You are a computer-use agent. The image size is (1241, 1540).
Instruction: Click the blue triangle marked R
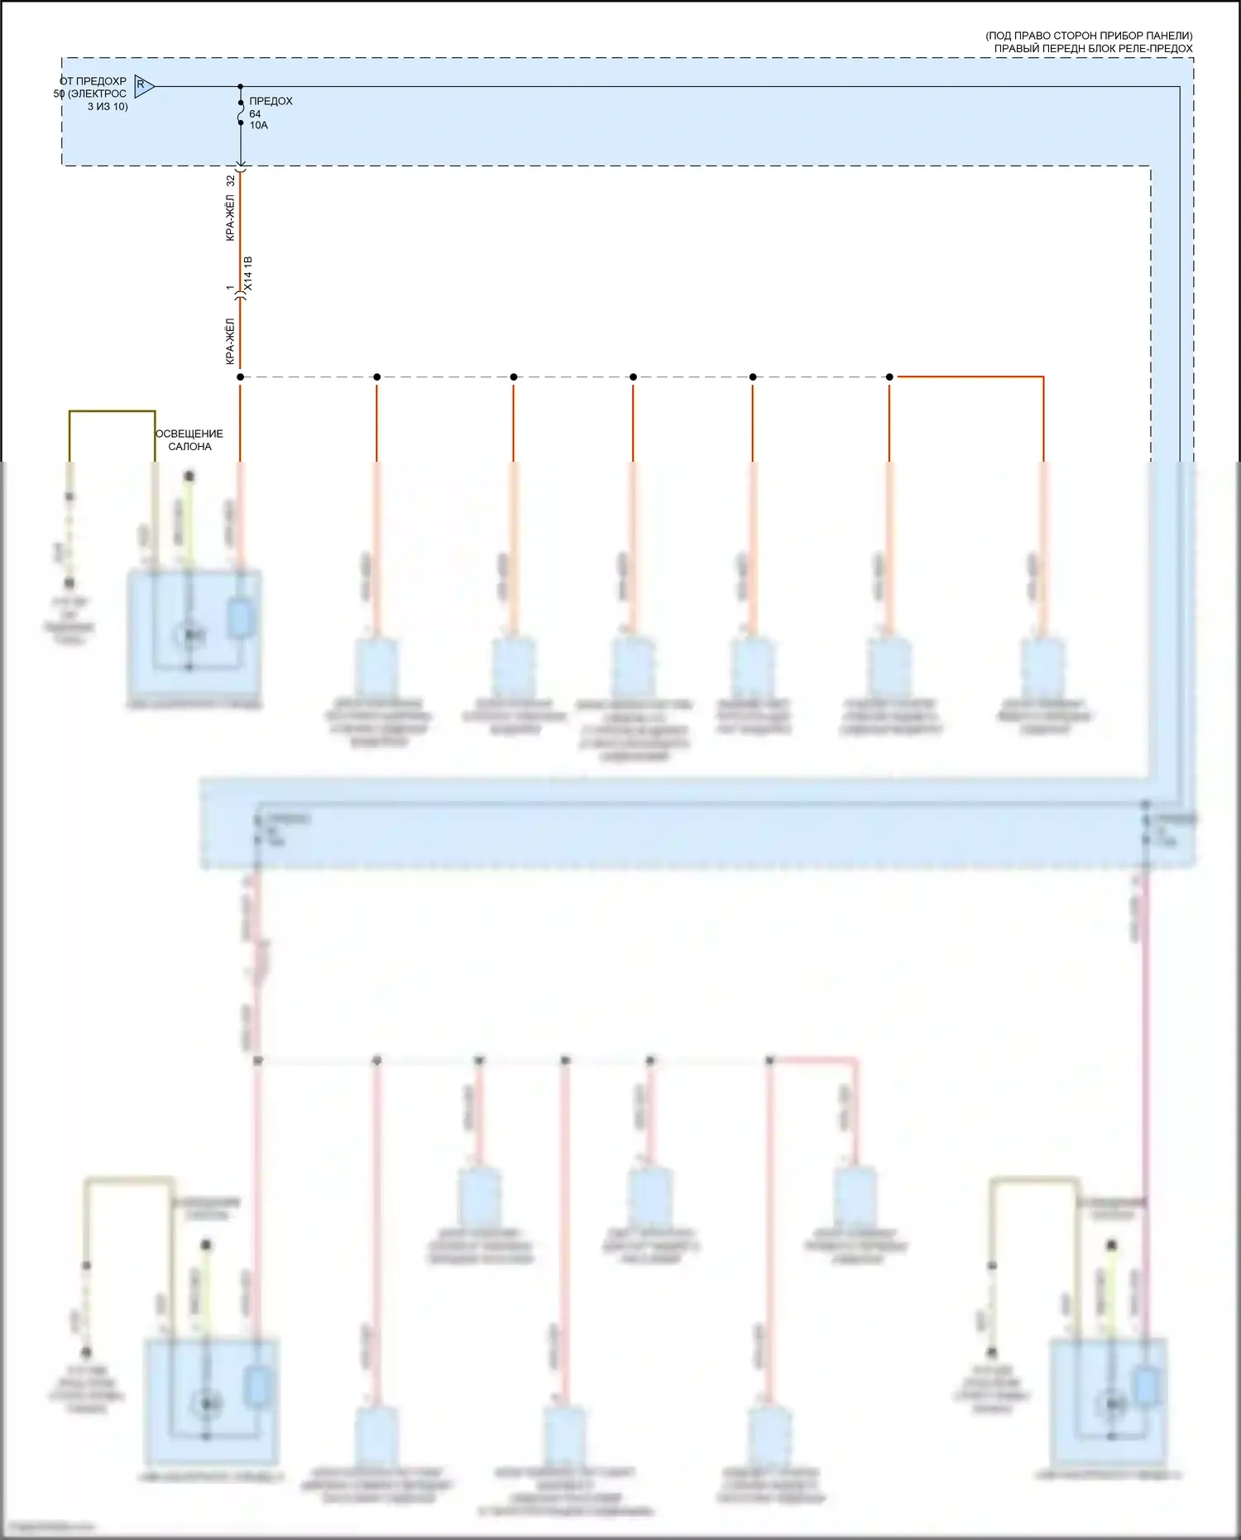[143, 85]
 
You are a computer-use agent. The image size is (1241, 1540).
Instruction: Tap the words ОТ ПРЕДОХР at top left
[93, 81]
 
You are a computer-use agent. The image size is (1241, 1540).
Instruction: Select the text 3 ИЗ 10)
[108, 107]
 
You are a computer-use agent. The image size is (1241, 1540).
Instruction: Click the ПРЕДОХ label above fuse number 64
[271, 101]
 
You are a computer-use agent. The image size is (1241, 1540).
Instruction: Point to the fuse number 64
[255, 114]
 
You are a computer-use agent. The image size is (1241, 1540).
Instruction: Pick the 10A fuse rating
[259, 126]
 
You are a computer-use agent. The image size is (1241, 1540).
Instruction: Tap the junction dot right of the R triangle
[241, 86]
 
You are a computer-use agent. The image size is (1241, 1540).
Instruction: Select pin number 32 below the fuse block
[231, 180]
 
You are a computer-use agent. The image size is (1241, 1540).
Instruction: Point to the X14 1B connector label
[248, 274]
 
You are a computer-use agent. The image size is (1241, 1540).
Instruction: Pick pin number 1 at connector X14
[230, 288]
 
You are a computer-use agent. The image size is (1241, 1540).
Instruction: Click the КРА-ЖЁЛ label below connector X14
[231, 341]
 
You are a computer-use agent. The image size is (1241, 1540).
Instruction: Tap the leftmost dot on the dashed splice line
[241, 377]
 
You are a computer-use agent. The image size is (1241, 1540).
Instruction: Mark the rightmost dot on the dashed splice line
[889, 377]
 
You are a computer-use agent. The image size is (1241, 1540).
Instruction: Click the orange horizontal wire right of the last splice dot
[968, 377]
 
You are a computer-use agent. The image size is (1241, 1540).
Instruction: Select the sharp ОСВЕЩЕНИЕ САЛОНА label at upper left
[189, 439]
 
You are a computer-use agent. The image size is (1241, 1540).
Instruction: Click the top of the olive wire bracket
[112, 411]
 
